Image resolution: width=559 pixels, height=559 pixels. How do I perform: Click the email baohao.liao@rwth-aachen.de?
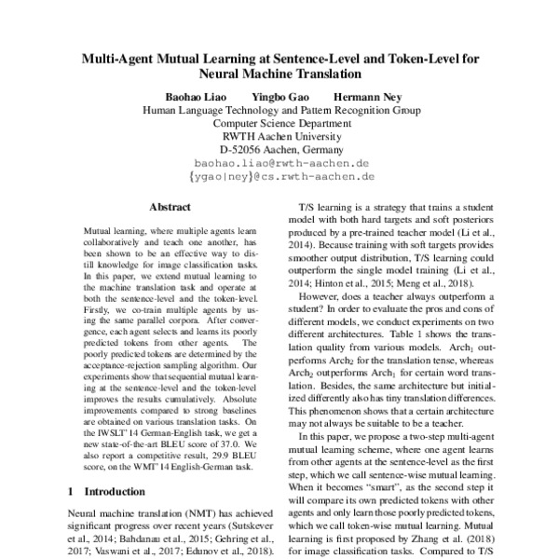click(x=280, y=161)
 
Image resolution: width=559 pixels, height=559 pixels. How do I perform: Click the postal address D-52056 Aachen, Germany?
click(x=280, y=148)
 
